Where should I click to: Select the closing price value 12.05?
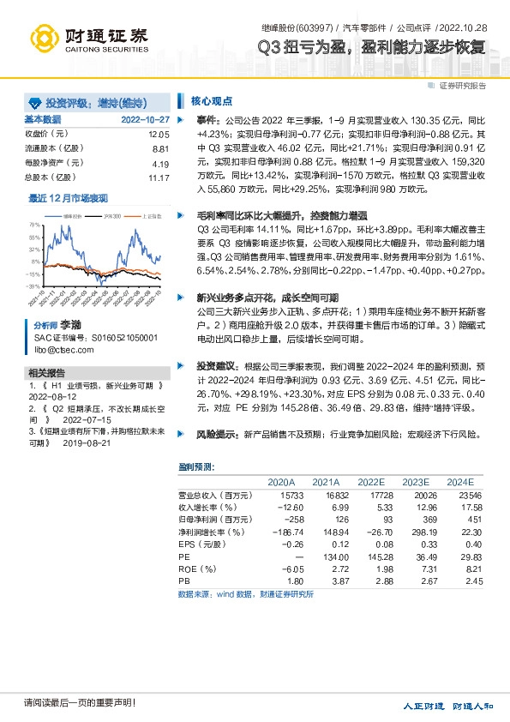(x=159, y=135)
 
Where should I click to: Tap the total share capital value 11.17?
(x=159, y=177)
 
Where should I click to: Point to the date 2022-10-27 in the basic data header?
(x=146, y=119)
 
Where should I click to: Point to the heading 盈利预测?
(x=196, y=466)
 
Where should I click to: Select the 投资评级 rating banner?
(x=95, y=101)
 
